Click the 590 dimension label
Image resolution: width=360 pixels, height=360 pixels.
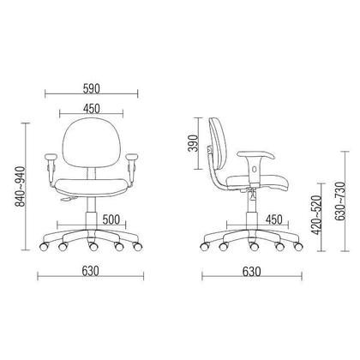click(x=92, y=88)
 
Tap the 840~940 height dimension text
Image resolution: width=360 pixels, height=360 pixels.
click(x=21, y=186)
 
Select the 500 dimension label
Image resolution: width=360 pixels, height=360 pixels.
click(x=111, y=219)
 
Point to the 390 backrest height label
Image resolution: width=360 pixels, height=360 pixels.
click(x=193, y=143)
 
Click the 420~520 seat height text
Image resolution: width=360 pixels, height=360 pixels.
click(x=316, y=215)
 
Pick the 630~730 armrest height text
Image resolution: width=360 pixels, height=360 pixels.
click(x=339, y=201)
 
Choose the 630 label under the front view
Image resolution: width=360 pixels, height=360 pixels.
click(x=90, y=271)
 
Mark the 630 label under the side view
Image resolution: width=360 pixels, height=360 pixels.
click(x=252, y=272)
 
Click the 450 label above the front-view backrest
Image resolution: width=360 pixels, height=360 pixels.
click(x=92, y=109)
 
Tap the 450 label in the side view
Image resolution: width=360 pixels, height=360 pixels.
click(x=273, y=219)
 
